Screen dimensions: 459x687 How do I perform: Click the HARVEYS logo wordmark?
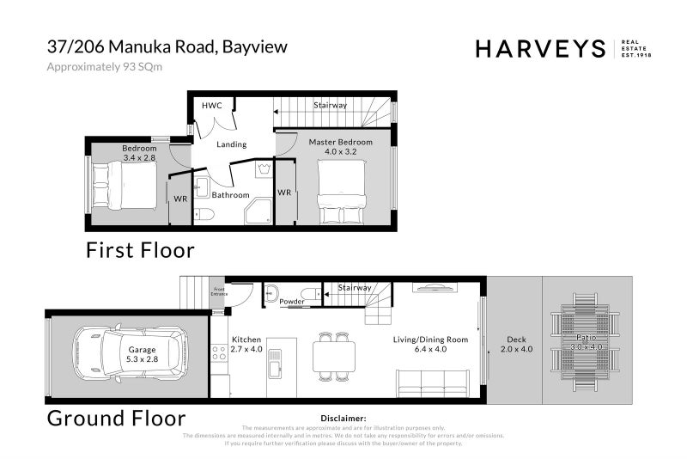click(x=541, y=49)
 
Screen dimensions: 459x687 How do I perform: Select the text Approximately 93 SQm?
click(x=104, y=66)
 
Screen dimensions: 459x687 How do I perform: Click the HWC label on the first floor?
click(x=211, y=105)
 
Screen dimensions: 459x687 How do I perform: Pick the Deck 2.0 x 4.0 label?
click(x=515, y=345)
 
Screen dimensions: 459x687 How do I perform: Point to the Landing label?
click(x=231, y=144)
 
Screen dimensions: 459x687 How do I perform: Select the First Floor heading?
click(x=139, y=250)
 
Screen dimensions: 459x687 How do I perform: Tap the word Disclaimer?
click(x=343, y=417)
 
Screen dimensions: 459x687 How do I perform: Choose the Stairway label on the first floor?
click(x=330, y=105)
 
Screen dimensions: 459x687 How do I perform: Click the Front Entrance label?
click(x=219, y=291)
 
